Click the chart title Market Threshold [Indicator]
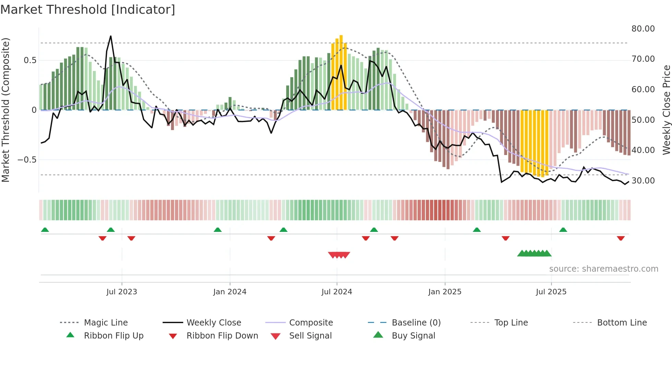click(88, 10)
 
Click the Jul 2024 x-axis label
click(337, 292)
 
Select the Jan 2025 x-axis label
click(445, 292)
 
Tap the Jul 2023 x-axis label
click(122, 292)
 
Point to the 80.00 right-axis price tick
click(643, 29)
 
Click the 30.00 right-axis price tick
click(643, 181)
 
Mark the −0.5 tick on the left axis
click(27, 160)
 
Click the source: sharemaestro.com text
click(603, 269)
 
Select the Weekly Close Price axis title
click(666, 110)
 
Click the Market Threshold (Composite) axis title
click(5, 110)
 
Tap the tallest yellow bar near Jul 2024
click(341, 72)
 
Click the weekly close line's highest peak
click(111, 36)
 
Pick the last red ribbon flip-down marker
click(621, 238)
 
